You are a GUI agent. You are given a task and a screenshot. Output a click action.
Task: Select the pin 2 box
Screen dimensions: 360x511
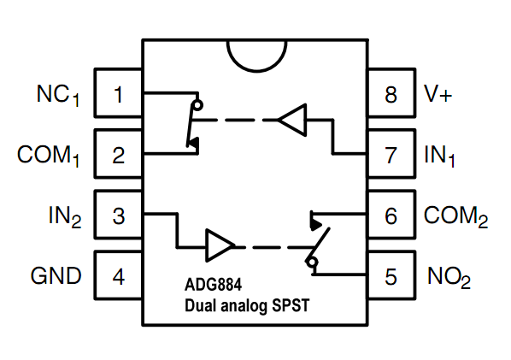coord(118,155)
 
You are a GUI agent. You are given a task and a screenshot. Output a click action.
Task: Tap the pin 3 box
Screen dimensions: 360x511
coord(118,215)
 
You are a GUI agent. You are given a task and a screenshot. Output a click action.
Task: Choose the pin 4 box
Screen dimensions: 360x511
coord(118,276)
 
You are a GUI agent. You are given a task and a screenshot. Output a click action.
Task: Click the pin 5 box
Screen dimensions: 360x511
coord(391,276)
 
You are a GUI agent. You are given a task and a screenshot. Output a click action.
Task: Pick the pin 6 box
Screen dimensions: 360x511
coord(391,215)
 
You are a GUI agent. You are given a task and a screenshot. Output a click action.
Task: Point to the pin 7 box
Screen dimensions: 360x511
coord(391,155)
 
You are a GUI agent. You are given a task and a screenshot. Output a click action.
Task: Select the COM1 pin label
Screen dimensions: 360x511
coord(48,156)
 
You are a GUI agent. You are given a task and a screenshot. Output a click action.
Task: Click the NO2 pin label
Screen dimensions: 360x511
coord(449,277)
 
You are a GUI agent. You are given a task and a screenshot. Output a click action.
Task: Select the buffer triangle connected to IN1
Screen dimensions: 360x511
coord(293,119)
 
